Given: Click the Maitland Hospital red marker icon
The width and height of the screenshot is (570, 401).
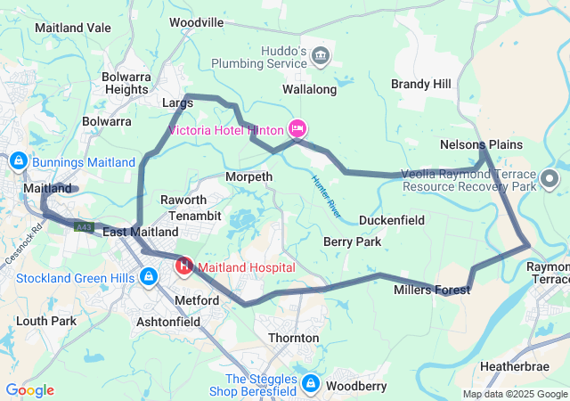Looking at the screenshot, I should tap(184, 266).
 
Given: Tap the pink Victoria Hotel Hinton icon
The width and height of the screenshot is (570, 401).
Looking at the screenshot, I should tap(297, 128).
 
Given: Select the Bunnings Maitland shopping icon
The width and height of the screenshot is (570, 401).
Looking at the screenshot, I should tap(18, 161).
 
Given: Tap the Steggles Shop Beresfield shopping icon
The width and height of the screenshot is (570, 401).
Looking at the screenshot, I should tap(310, 383).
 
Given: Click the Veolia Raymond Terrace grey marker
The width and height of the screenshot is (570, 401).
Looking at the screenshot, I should tap(550, 179).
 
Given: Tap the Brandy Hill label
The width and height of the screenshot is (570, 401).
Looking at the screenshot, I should tap(421, 84).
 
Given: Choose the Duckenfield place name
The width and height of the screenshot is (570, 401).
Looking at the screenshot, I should tap(392, 220).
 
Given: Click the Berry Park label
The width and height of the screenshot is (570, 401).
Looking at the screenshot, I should tap(352, 241).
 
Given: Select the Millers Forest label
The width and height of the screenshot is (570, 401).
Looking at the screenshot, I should tap(432, 291).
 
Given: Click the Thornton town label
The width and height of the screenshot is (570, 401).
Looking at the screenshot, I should tap(293, 338).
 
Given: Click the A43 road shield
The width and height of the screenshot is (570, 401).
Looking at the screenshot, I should tap(84, 228).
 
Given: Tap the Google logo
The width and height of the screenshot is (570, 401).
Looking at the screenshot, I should tap(29, 390).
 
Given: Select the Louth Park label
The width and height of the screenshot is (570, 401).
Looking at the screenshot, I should tap(45, 320).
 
